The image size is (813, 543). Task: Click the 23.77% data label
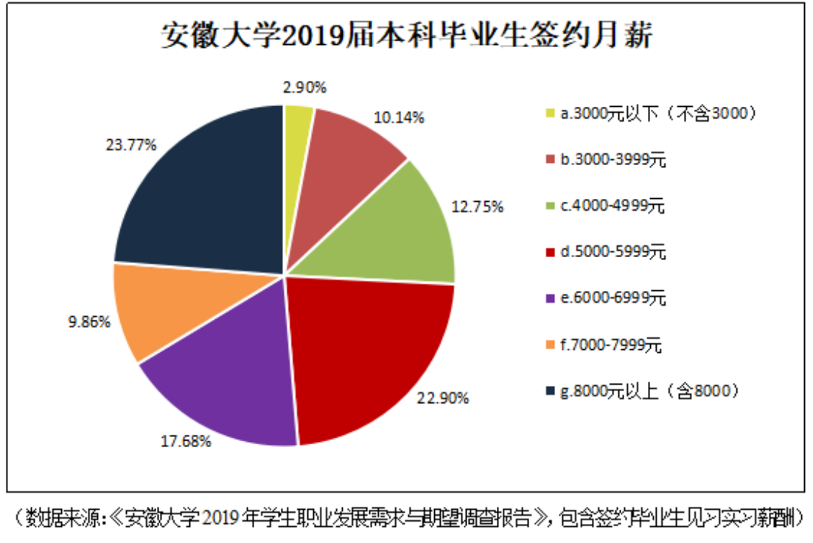pos(131,145)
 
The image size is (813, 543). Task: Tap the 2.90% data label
pos(304,88)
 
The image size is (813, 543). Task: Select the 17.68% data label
pos(186,442)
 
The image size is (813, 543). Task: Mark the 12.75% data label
pos(478,207)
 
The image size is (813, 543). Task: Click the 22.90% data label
pos(444,399)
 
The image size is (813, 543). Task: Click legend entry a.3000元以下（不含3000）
pos(649,113)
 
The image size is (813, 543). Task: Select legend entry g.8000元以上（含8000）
pos(649,391)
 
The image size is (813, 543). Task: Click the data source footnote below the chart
pos(406,517)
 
